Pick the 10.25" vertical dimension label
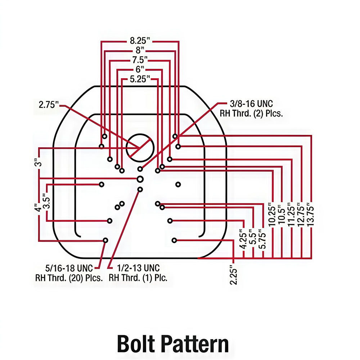273,215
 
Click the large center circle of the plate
140,147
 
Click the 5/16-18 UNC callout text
69,273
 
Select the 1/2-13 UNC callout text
138,273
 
